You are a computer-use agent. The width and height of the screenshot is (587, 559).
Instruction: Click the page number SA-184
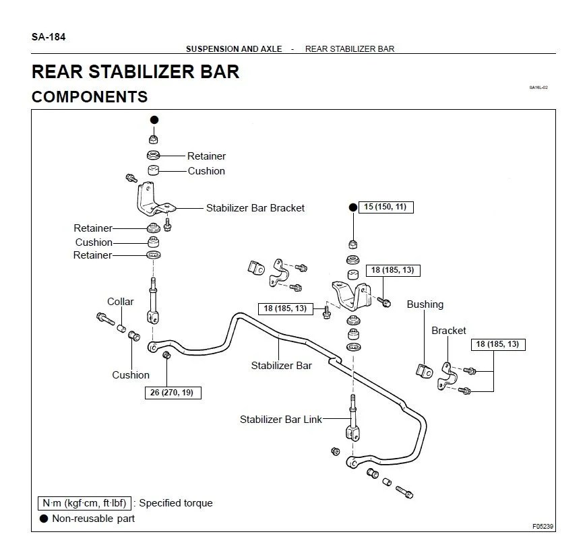49,36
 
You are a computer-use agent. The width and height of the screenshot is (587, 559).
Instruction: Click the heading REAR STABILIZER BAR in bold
135,71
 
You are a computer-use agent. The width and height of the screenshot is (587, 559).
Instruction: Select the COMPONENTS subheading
90,97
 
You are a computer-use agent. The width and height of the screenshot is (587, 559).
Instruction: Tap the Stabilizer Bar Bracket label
255,208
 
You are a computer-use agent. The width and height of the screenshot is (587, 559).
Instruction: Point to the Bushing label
425,304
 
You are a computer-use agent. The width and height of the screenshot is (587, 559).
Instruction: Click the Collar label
121,302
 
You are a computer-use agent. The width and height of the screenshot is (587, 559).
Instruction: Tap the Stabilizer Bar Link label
281,420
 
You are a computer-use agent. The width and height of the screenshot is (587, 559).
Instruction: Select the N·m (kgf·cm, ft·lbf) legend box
84,503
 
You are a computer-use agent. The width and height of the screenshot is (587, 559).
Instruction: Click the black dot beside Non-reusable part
44,519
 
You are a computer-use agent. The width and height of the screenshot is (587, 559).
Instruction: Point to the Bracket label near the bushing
449,331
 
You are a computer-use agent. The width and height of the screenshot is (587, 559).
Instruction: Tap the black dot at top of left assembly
154,119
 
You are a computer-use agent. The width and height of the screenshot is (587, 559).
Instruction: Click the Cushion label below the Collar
131,375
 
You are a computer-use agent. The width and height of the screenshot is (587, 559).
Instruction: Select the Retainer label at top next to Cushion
206,156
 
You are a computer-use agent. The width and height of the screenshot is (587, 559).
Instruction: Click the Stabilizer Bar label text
282,366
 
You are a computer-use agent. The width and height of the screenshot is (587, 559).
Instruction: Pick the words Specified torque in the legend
176,503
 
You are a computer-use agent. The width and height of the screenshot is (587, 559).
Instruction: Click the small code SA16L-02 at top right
538,88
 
